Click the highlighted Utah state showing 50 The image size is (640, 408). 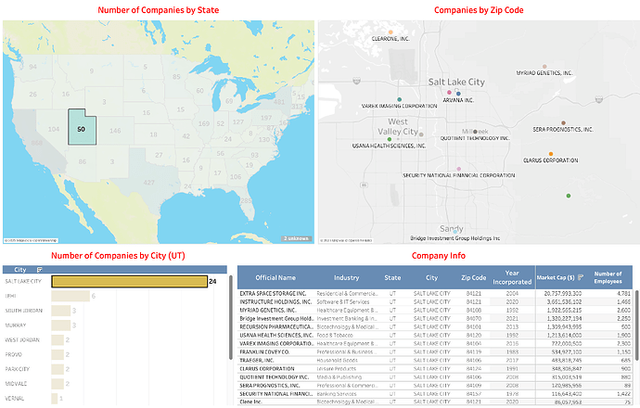[x=82, y=128]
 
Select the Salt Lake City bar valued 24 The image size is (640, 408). [x=128, y=280]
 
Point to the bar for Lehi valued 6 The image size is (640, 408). [x=70, y=296]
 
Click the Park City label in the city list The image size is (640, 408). [x=19, y=369]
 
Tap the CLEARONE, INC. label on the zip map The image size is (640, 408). [x=391, y=40]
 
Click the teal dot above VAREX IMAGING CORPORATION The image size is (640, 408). [x=399, y=98]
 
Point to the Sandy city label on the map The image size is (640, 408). [x=451, y=228]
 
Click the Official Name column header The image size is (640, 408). [x=275, y=276]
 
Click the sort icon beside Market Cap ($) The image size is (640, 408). [x=580, y=276]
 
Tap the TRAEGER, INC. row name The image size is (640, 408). [x=261, y=362]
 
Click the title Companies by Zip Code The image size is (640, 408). [x=478, y=10]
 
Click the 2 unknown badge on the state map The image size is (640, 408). [x=297, y=237]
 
